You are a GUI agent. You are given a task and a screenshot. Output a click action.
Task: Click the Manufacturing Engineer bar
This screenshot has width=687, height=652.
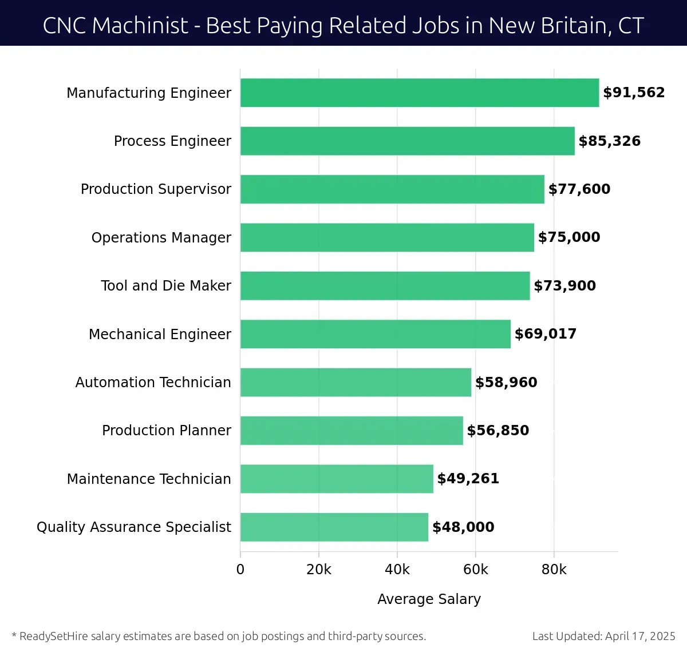420,93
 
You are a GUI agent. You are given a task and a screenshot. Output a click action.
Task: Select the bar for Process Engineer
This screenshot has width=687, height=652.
407,141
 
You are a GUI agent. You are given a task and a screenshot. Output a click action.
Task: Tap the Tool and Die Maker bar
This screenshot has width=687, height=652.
385,286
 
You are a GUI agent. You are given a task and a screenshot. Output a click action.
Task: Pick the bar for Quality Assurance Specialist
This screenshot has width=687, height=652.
334,527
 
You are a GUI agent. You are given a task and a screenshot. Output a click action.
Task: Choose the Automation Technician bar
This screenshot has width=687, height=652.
356,383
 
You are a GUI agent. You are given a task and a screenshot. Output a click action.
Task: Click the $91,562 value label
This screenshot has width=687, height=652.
634,93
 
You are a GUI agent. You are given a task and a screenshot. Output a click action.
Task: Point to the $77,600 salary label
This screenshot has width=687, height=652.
579,189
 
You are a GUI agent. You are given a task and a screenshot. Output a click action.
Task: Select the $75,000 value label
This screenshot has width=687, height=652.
569,237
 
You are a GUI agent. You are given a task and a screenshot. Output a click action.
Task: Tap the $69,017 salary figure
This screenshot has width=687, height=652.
546,334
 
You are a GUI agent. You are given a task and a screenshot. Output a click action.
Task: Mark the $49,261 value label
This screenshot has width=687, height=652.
468,479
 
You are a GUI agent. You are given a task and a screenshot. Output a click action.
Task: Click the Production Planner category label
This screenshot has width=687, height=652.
167,431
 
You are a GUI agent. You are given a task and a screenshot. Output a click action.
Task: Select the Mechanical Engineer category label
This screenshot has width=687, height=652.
160,334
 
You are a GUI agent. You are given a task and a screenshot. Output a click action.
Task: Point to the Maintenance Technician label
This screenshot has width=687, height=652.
149,479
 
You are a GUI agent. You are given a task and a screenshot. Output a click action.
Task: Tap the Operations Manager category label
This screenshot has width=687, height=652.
161,237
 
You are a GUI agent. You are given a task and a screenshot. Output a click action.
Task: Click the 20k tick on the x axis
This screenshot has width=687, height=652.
319,570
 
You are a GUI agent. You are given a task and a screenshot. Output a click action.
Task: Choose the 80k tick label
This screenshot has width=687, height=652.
554,570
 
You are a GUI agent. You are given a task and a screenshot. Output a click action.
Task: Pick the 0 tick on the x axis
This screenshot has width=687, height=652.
240,570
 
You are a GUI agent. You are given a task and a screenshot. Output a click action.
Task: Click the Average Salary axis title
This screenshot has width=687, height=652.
429,599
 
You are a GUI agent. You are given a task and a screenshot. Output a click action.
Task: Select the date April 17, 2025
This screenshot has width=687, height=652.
640,636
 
